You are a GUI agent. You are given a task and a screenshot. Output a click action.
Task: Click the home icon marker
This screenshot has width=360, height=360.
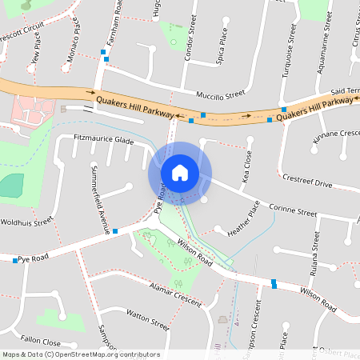[180, 173]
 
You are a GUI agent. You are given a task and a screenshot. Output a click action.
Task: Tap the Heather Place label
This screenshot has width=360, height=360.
[243, 218]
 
